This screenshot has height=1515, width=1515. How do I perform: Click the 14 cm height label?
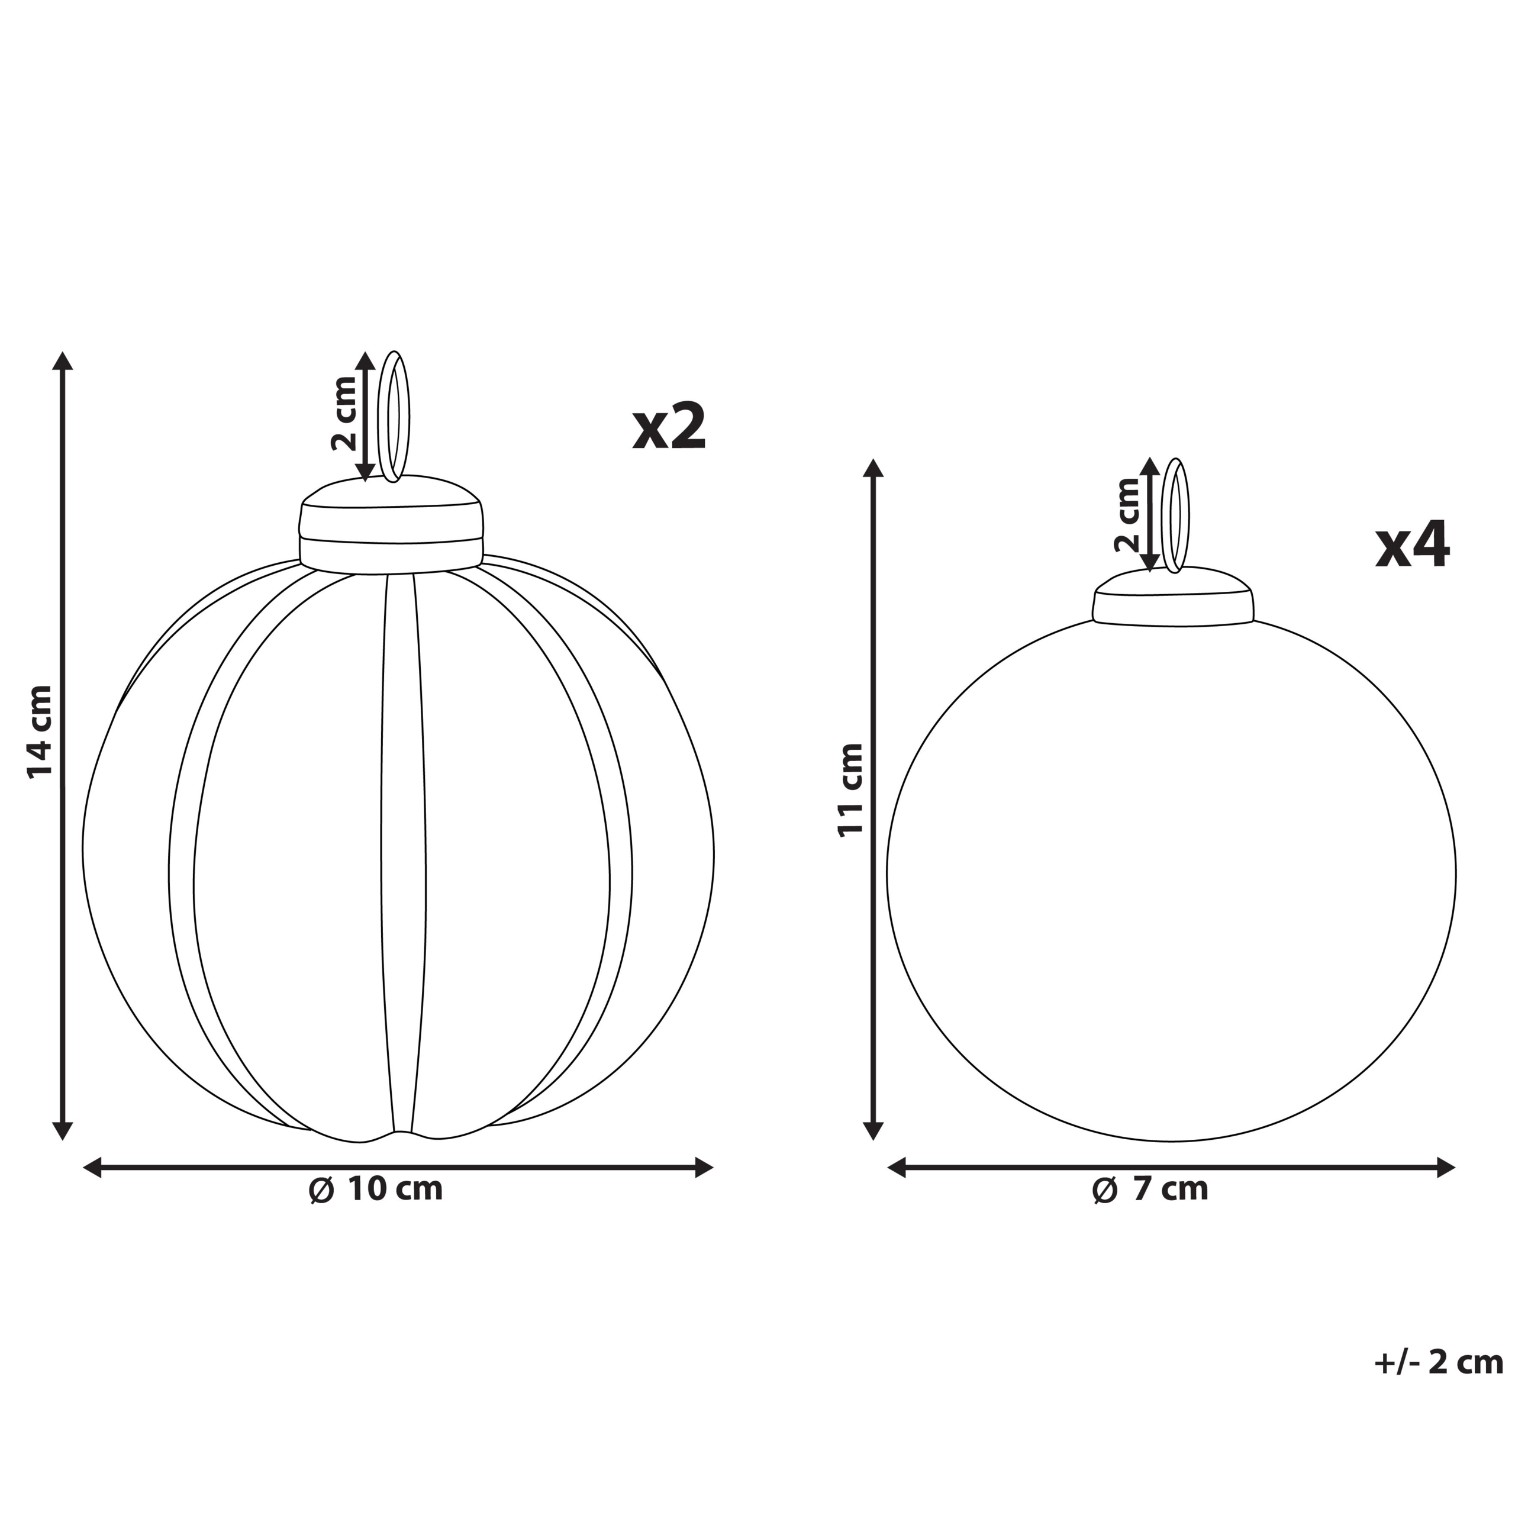click(40, 731)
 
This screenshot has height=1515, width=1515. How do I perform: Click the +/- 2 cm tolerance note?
click(1438, 1385)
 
